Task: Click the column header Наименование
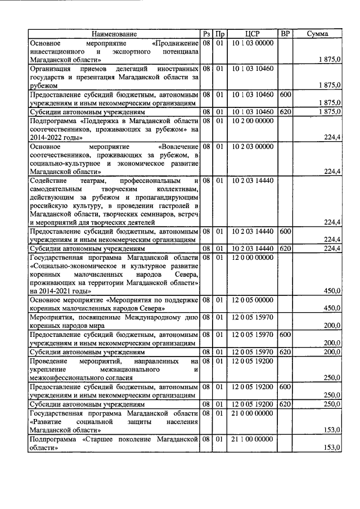pyautogui.click(x=115, y=34)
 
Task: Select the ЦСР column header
pyautogui.click(x=253, y=34)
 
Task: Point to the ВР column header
pyautogui.click(x=285, y=34)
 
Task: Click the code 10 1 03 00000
pyautogui.click(x=253, y=43)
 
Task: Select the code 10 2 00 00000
pyautogui.click(x=253, y=120)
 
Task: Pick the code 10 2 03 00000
pyautogui.click(x=253, y=146)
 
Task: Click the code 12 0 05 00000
pyautogui.click(x=253, y=300)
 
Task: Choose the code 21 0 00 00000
pyautogui.click(x=253, y=413)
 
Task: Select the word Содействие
pyautogui.click(x=48, y=181)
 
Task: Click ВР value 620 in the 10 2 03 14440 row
pyautogui.click(x=285, y=248)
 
